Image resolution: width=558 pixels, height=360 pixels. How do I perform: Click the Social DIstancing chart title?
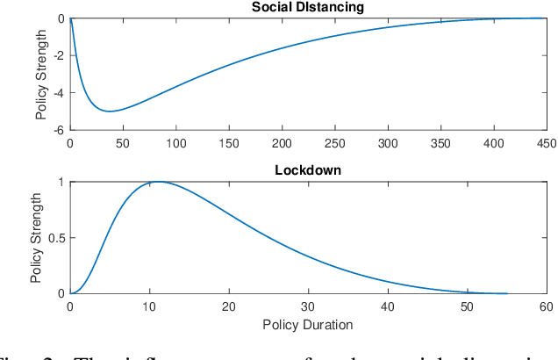coord(307,8)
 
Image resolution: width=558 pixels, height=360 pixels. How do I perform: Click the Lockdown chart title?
coord(308,169)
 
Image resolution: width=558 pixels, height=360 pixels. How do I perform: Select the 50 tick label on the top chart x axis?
coord(123,142)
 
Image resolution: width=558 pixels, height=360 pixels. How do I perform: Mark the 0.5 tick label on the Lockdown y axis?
coord(55,238)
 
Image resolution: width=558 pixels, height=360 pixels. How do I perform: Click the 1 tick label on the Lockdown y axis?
coord(61,183)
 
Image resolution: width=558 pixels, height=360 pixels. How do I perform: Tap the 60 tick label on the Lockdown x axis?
coord(546,306)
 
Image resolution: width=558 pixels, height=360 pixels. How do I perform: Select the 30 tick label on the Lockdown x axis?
coord(308,306)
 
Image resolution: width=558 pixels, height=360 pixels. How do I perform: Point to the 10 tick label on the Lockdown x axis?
coord(149,306)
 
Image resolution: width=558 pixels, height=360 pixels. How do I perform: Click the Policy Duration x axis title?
coord(308,324)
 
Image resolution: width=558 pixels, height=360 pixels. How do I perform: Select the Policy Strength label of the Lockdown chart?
coord(36,238)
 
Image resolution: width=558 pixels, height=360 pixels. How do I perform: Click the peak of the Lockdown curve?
coord(158,182)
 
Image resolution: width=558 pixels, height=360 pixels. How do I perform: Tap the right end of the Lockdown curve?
coord(506,293)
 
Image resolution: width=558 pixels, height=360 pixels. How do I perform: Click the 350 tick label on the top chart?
coord(440,142)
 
